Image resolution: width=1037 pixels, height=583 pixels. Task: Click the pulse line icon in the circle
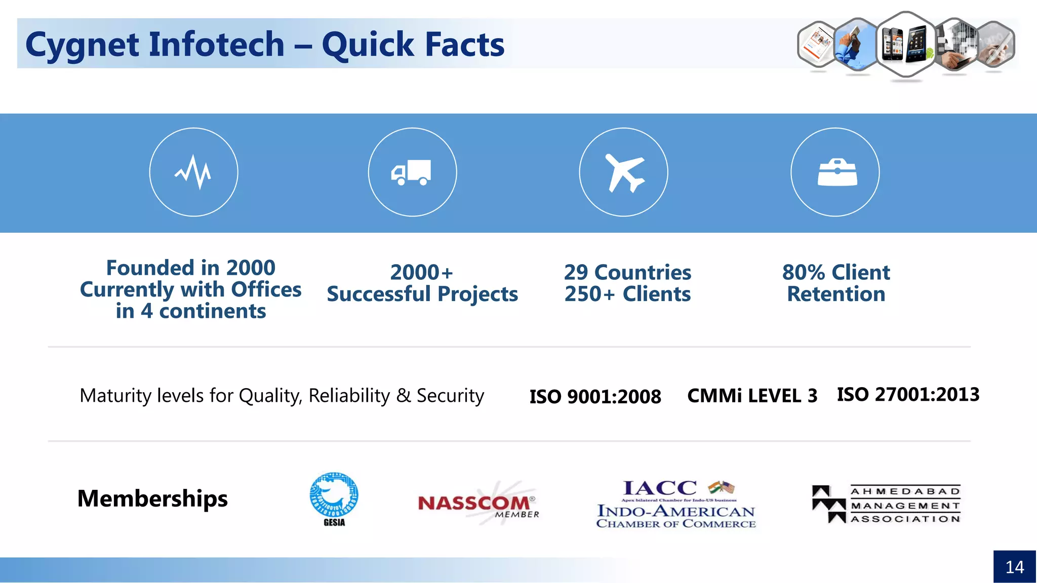click(193, 172)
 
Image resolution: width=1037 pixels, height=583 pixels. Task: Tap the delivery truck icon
click(411, 173)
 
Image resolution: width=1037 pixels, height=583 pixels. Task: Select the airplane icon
click(624, 173)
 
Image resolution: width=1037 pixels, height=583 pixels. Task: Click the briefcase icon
click(837, 173)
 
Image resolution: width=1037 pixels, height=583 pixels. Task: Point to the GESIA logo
click(334, 499)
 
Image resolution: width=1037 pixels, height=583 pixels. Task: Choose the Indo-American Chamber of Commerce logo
click(676, 504)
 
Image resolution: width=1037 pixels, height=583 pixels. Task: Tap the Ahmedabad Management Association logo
click(886, 504)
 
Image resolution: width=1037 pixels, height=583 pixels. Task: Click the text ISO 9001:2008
click(595, 396)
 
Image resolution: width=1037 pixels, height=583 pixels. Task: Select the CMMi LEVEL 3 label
click(752, 396)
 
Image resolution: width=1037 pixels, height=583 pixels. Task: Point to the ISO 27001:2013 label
click(908, 394)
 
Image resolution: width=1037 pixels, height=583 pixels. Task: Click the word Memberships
click(152, 498)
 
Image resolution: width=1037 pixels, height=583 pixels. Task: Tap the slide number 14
click(1014, 567)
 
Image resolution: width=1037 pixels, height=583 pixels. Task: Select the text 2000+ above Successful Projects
click(421, 272)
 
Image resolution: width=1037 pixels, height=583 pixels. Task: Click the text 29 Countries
click(627, 272)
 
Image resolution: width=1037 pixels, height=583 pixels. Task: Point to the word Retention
click(836, 294)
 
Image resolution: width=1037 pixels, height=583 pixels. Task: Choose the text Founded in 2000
click(190, 268)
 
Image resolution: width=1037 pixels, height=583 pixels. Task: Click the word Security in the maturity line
click(450, 396)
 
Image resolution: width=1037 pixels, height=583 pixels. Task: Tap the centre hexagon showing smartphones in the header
click(905, 44)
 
